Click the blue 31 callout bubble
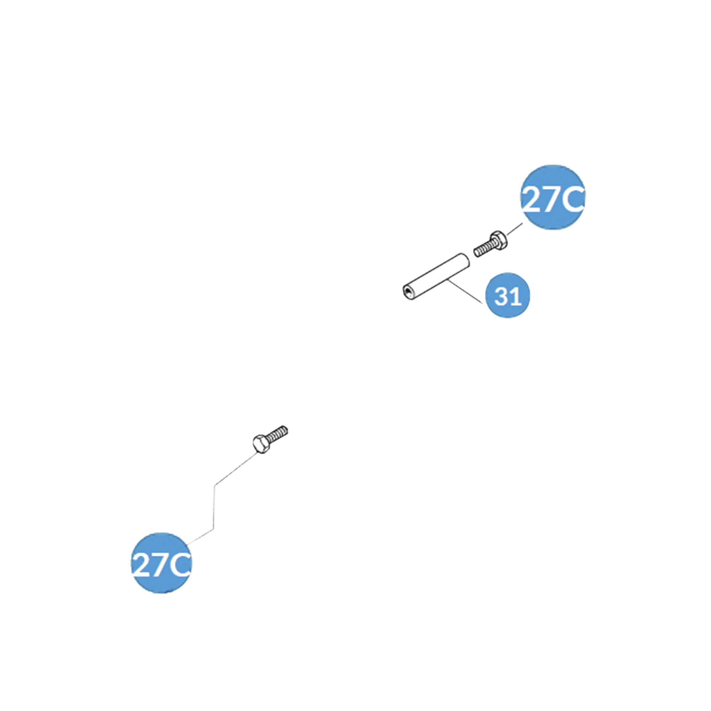[x=508, y=295]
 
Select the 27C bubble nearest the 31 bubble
[x=553, y=198]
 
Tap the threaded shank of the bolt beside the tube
[x=482, y=250]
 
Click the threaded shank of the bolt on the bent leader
[x=279, y=433]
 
